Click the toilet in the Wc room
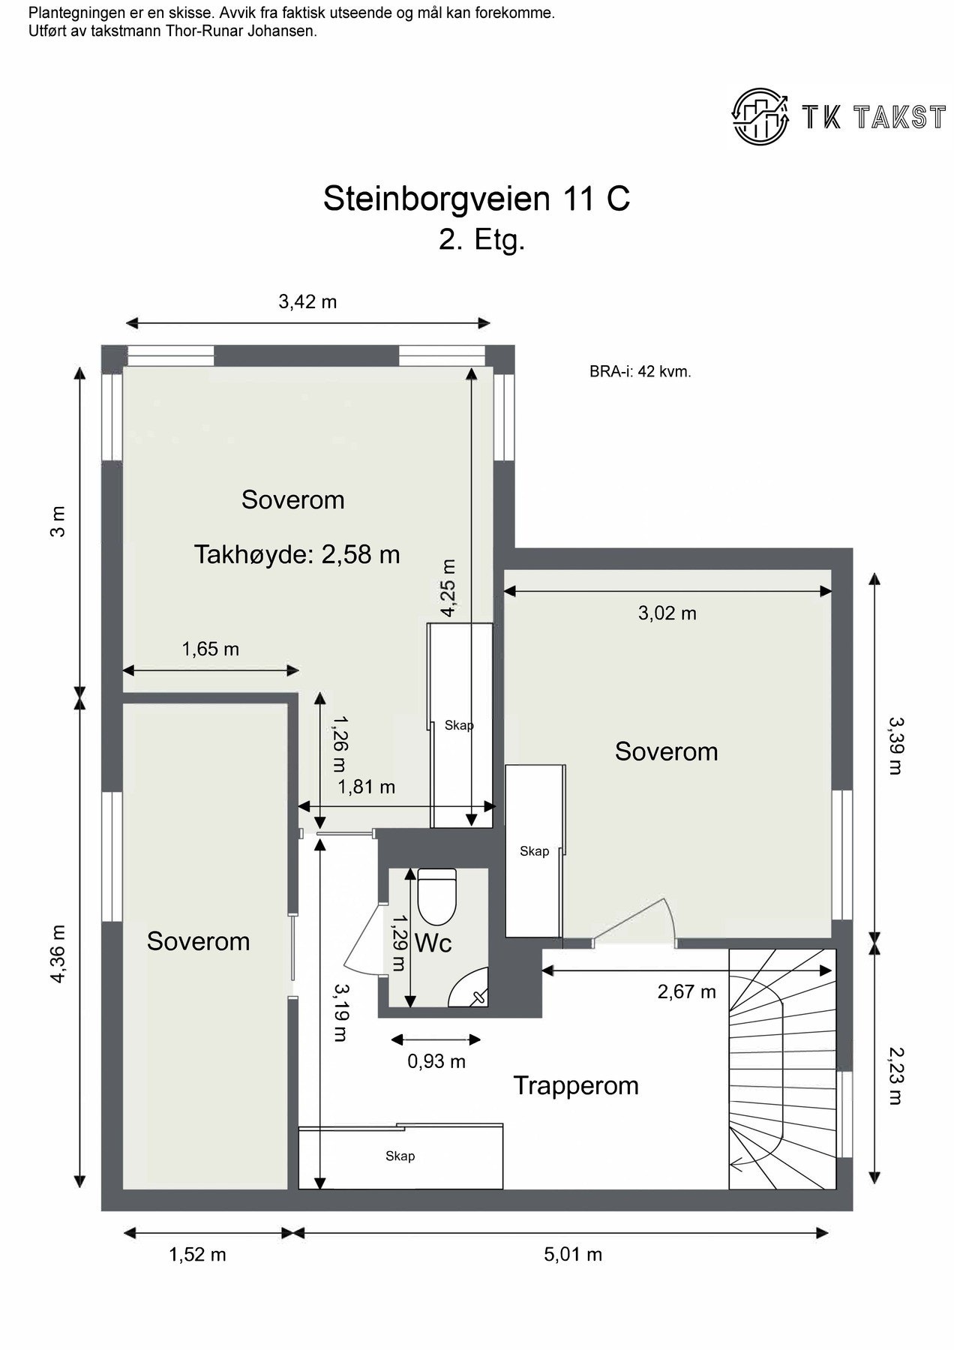(436, 896)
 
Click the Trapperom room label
(575, 1085)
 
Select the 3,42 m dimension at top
(307, 301)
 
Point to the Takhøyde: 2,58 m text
(297, 554)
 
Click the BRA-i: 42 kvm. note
(640, 371)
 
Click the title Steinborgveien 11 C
(476, 199)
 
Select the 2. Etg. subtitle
(481, 241)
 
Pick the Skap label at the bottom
(400, 1156)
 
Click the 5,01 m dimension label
(573, 1254)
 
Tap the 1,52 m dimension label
(197, 1254)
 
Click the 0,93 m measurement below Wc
(436, 1061)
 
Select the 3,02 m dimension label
(667, 613)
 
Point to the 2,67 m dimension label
(686, 991)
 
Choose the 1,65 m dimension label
(210, 649)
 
